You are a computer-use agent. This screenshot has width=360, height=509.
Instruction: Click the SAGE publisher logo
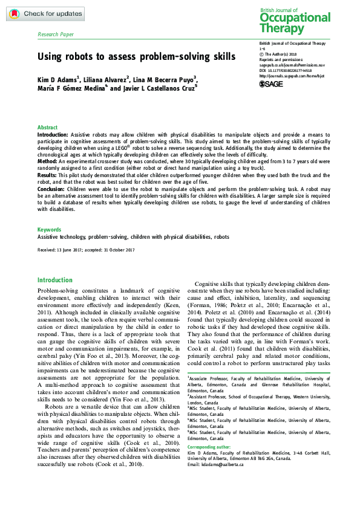click(x=272, y=84)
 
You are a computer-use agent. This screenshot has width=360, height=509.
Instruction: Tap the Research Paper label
click(x=56, y=35)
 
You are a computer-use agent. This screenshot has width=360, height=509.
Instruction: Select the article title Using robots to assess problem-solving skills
click(x=136, y=57)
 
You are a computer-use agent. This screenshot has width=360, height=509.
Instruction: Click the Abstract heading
click(x=48, y=128)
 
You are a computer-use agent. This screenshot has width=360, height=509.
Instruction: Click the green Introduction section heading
click(x=54, y=280)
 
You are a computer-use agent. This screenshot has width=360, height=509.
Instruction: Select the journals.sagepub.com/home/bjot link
click(x=291, y=76)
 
